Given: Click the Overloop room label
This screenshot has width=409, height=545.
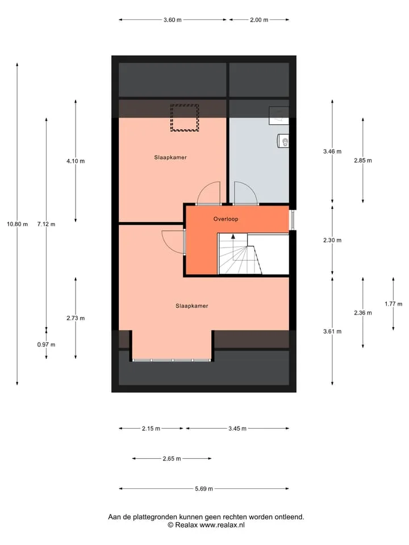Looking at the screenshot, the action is coord(226,219).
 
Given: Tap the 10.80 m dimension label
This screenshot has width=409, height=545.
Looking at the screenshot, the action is coord(18,224).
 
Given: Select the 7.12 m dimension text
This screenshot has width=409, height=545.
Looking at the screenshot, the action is coord(46,224).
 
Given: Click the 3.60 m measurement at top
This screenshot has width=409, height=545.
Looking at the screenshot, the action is coord(173,20).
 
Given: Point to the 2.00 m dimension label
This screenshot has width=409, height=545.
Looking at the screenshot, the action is coord(259,20).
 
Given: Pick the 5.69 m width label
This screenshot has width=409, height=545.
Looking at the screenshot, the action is coord(204,489).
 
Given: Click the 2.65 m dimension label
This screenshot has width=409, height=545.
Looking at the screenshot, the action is coord(172,459).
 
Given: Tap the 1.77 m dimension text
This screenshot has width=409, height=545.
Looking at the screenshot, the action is coord(393,304).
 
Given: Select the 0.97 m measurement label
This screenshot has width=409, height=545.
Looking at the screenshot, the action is coord(46,345).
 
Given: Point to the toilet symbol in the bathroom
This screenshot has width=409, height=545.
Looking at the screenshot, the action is coord(283,141).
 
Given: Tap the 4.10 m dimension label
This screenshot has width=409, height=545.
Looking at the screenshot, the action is coord(76,161).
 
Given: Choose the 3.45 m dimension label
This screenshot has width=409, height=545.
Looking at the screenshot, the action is coord(237,429).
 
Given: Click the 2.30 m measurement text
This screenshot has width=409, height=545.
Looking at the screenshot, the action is coord(332,240).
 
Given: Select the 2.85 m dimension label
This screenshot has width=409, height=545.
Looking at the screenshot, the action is coord(363,161).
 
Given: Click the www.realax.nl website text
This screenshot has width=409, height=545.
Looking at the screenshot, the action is coord(222,525).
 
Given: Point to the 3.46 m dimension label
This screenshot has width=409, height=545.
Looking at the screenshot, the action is coord(332,152).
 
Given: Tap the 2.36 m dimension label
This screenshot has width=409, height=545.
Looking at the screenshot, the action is coord(363,313).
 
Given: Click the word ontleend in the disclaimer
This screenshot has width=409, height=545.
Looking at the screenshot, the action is coord(289,517).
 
